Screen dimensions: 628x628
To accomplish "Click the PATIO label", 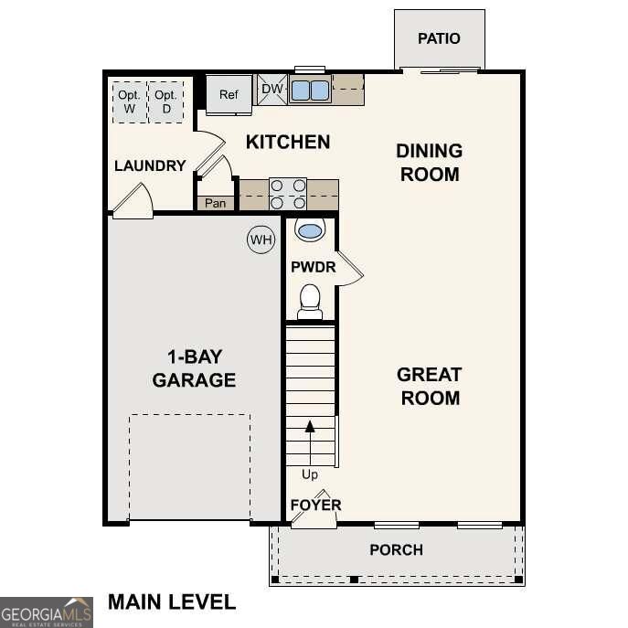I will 439,38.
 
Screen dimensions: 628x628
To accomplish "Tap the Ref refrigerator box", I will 229,94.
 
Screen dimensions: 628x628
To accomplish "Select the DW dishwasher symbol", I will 271,89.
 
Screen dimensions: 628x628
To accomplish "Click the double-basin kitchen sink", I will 310,90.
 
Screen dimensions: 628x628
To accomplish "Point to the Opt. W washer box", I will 129,102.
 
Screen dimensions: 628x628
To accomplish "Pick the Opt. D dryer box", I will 165,102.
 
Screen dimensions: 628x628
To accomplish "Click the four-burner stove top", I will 287,195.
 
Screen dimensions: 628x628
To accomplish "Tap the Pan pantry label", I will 215,203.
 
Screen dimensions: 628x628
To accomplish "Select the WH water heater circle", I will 261,240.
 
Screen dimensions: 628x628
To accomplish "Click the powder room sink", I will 310,230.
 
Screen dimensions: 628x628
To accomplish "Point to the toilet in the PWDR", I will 310,301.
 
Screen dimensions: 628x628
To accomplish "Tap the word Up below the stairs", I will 310,474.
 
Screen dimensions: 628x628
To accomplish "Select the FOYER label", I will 315,505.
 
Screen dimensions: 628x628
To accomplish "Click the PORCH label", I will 396,549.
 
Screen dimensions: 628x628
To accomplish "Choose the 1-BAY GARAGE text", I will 194,368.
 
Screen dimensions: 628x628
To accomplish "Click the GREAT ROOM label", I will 429,386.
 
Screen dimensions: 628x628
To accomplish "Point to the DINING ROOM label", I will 429,162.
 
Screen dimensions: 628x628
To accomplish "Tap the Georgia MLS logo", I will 46,612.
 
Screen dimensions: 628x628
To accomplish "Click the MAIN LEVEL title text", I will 172,601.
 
